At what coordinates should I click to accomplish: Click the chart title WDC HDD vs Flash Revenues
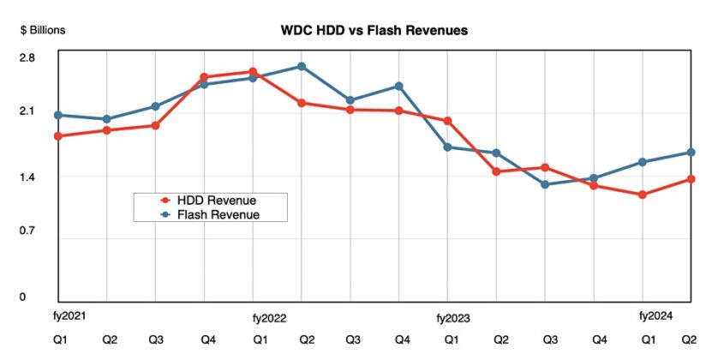(374, 30)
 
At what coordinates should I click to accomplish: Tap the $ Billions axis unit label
(43, 30)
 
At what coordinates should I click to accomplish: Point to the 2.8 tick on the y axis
(27, 57)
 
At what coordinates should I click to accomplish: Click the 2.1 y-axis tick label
(27, 111)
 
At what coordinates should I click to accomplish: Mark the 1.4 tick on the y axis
(27, 177)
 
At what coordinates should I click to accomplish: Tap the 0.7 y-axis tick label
(27, 231)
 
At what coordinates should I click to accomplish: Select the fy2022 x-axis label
(268, 317)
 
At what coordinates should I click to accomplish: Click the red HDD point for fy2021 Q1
(57, 136)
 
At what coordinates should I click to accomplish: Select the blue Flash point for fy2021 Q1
(57, 115)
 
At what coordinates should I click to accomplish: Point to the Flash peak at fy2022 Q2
(302, 66)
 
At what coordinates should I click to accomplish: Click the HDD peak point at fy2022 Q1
(253, 72)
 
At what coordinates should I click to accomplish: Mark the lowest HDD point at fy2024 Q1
(642, 195)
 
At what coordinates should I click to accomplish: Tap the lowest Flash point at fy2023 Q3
(544, 184)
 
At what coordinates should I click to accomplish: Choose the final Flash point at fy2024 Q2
(691, 153)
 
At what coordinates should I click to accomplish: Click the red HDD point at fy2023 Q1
(447, 121)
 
